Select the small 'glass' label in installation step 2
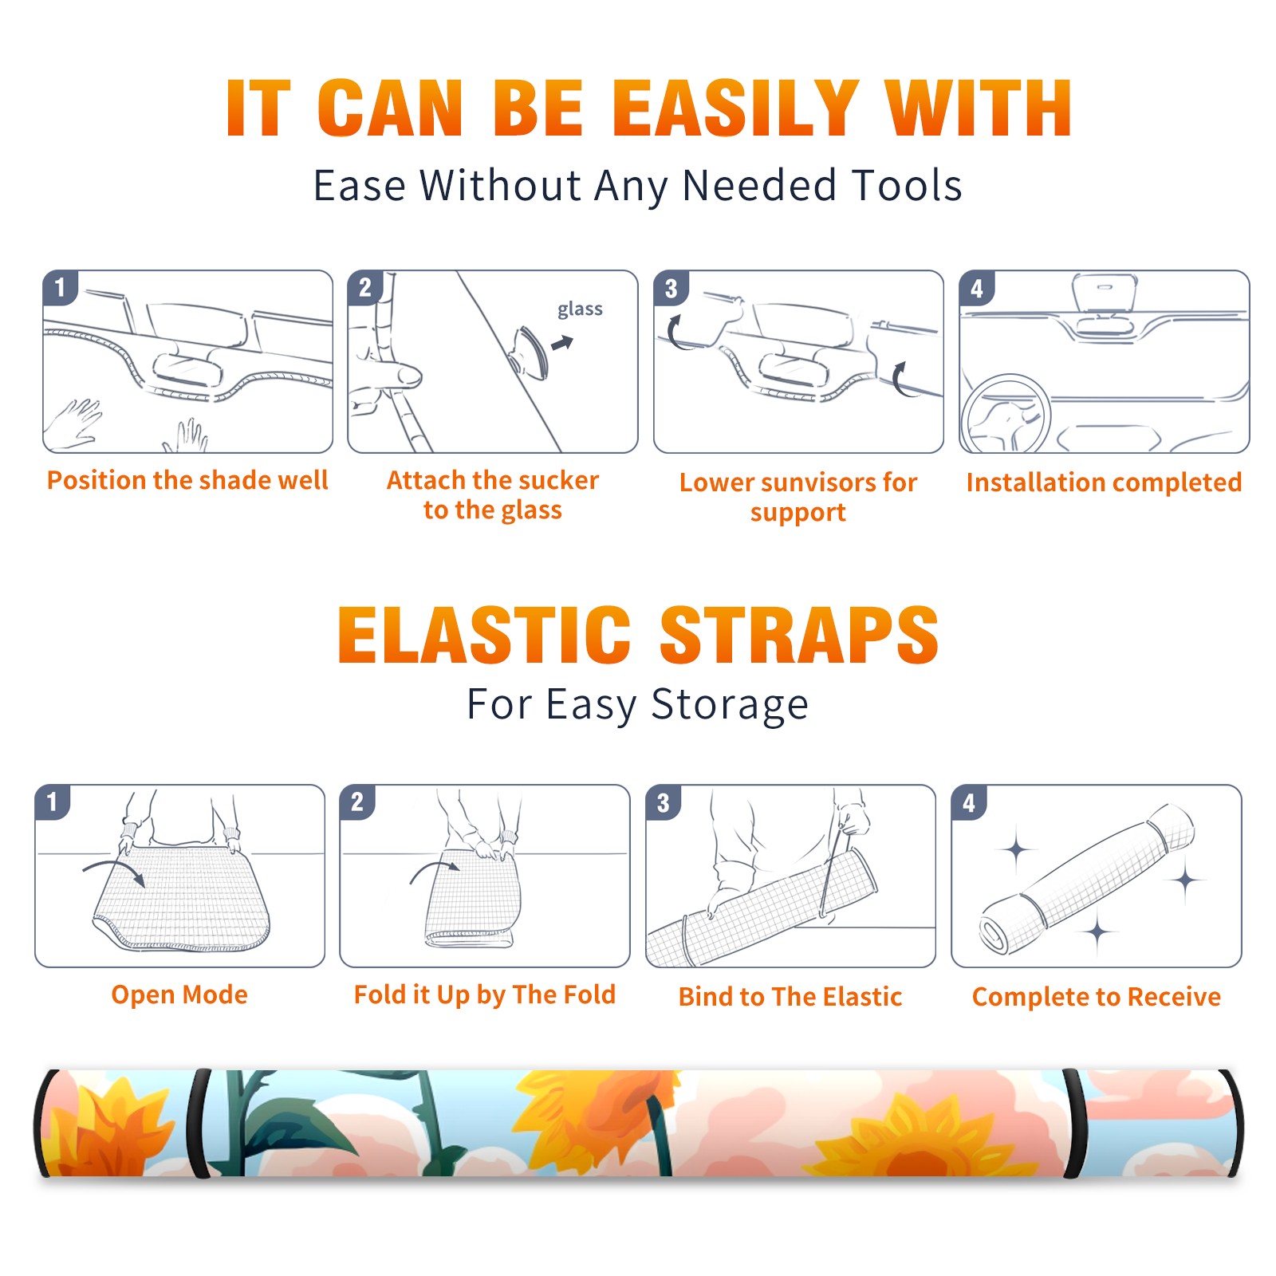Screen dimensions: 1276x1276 click(x=580, y=309)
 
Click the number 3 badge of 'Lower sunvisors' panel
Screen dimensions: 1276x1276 click(x=671, y=289)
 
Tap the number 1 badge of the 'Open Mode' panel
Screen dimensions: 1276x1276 click(x=53, y=802)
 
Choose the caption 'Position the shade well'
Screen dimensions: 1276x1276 click(x=187, y=480)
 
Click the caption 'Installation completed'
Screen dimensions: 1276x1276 click(x=1104, y=482)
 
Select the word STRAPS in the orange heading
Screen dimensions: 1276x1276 click(x=799, y=635)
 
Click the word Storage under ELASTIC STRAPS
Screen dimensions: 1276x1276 click(x=730, y=705)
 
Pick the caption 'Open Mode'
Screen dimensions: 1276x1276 click(x=179, y=994)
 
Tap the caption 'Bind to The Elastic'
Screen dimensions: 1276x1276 click(x=790, y=997)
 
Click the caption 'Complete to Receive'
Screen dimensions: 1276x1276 click(x=1097, y=997)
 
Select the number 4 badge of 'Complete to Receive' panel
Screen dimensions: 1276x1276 click(x=969, y=802)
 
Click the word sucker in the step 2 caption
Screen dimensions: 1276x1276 click(x=557, y=480)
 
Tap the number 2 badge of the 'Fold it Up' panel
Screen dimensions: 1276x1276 click(x=357, y=802)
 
